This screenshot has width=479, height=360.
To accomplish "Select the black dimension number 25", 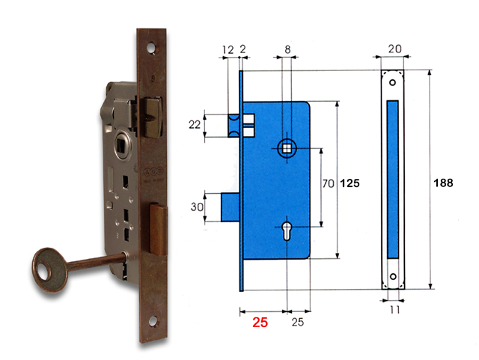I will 296,323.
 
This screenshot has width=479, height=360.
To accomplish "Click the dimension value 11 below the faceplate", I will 394,308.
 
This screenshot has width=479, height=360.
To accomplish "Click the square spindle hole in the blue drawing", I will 287,147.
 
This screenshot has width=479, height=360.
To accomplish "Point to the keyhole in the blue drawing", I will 287,228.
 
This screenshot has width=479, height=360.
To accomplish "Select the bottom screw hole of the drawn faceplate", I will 394,276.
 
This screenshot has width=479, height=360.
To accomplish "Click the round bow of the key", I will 45,268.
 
